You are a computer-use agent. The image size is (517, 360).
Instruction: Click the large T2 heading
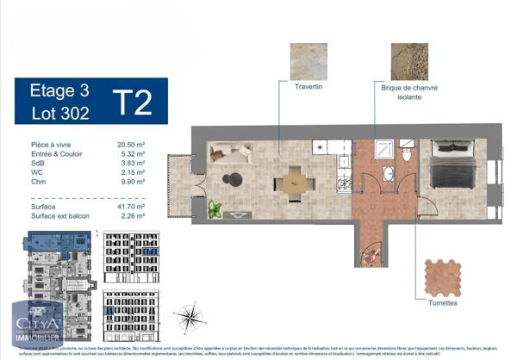pyautogui.click(x=134, y=101)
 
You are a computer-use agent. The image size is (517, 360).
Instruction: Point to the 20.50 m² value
pyautogui.click(x=130, y=146)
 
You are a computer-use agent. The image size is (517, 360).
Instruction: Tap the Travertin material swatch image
pyautogui.click(x=308, y=62)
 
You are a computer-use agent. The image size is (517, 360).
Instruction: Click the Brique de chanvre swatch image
pyautogui.click(x=408, y=62)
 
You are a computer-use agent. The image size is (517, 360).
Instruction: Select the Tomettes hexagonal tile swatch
pyautogui.click(x=443, y=277)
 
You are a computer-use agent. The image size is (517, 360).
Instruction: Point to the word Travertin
pyautogui.click(x=308, y=88)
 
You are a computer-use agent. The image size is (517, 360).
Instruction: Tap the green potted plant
pyautogui.click(x=215, y=208)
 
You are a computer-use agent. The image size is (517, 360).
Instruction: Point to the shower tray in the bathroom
pyautogui.click(x=384, y=147)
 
